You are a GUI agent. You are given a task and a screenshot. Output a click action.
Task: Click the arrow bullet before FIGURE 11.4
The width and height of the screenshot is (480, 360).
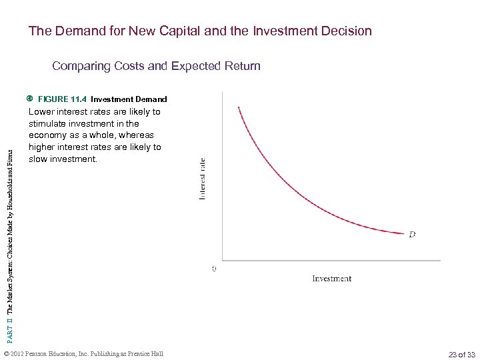pos(31,99)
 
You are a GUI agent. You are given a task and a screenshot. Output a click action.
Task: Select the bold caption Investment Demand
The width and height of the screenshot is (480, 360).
pos(129,99)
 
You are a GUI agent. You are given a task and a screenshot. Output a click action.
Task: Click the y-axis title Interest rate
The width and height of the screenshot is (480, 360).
pos(203,177)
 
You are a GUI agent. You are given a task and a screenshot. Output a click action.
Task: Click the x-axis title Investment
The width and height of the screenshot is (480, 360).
pos(331,279)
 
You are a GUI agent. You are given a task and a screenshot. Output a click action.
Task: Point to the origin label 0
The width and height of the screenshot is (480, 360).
pos(213,269)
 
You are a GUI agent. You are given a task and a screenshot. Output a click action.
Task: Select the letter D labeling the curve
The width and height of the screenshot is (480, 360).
pos(412,234)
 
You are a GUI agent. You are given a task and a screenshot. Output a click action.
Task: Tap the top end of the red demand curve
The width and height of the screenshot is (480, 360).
pos(238,107)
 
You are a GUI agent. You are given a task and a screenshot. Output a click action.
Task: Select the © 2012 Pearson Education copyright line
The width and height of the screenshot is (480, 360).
pos(83,353)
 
